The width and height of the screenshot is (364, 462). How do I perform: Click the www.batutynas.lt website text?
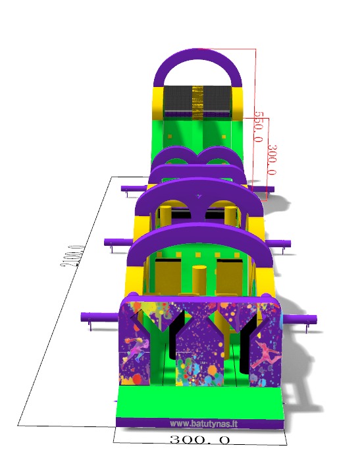click(x=203, y=424)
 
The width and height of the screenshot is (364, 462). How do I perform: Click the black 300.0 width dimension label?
click(x=200, y=440)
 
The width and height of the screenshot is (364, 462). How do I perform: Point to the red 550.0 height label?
click(x=258, y=127)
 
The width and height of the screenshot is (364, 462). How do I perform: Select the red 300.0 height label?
click(x=273, y=159)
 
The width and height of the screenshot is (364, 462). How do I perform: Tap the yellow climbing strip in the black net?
click(x=197, y=102)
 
